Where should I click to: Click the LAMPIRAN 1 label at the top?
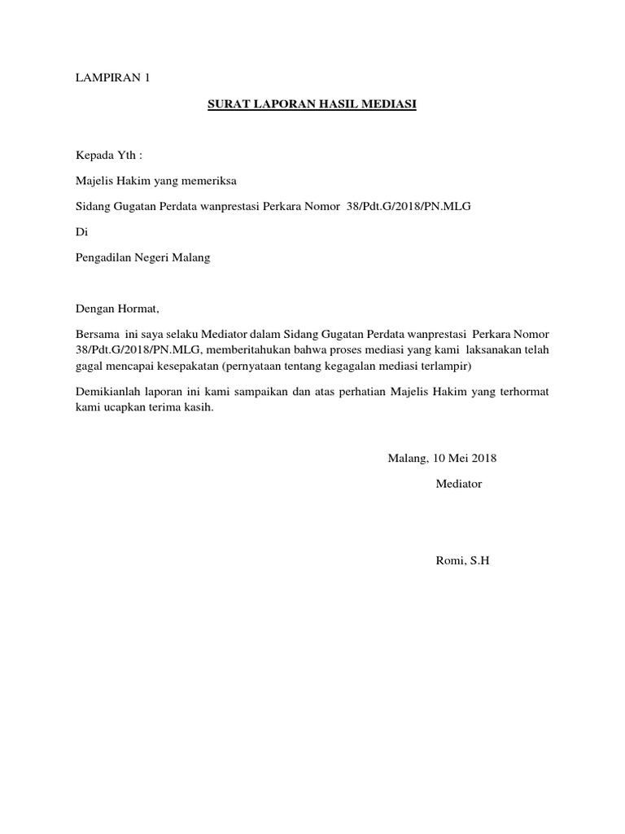click(113, 78)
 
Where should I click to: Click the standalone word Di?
click(81, 232)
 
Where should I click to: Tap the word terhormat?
click(524, 392)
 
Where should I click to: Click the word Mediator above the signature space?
click(459, 484)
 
